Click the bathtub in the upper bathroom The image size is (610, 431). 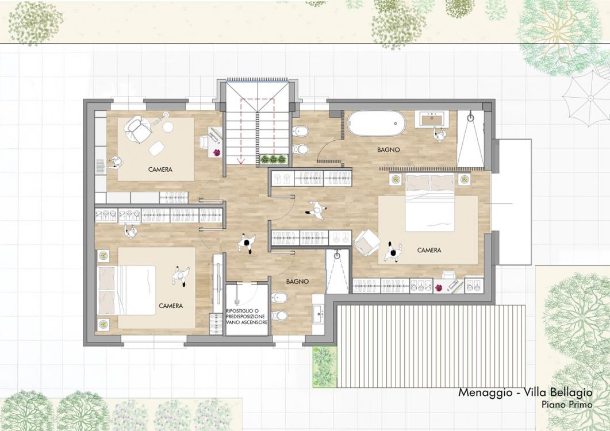click(376, 124)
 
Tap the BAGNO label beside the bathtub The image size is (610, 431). click(388, 149)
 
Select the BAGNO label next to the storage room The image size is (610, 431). click(298, 281)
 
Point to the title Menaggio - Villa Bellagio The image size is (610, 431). click(525, 392)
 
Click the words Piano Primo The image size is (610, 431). click(567, 405)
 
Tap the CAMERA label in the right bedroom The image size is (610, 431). click(429, 250)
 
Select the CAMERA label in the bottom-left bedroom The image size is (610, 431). click(171, 306)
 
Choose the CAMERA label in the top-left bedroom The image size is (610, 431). click(160, 170)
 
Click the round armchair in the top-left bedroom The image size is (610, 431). click(136, 129)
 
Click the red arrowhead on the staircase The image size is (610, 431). click(241, 160)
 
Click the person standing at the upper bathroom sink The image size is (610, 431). click(440, 134)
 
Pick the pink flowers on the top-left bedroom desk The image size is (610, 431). click(217, 152)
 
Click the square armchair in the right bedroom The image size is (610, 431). click(367, 243)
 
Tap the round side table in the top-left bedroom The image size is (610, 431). click(168, 127)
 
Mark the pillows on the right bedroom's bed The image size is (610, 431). click(430, 183)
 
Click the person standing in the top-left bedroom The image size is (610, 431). click(115, 163)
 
